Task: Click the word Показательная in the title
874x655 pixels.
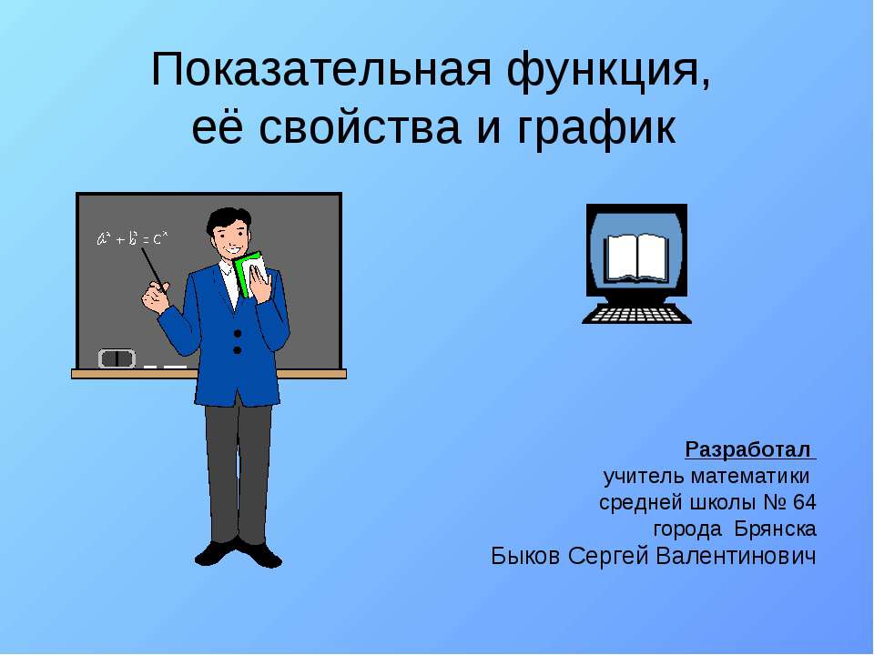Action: click(x=321, y=70)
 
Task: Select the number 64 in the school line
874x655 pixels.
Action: click(x=804, y=502)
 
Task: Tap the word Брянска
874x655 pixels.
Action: click(x=776, y=529)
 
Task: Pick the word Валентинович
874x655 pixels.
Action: click(x=736, y=556)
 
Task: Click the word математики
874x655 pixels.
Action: click(x=749, y=476)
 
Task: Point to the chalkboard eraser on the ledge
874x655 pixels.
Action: click(x=117, y=358)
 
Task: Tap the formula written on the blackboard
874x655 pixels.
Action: click(x=132, y=239)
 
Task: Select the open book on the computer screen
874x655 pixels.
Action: click(x=636, y=257)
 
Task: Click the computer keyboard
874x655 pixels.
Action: click(x=636, y=314)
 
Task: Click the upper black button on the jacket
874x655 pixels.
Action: click(x=238, y=334)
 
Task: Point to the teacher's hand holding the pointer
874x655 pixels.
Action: click(x=157, y=297)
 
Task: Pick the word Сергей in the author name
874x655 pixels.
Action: click(x=609, y=557)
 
